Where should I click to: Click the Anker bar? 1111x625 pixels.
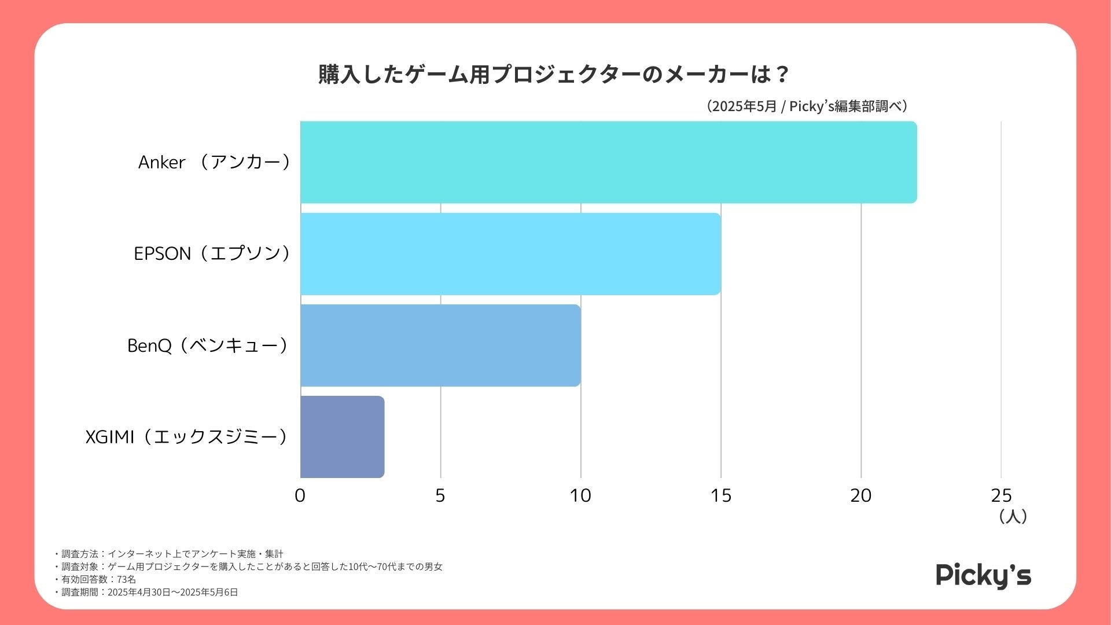click(608, 162)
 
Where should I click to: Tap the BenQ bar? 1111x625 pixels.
click(440, 345)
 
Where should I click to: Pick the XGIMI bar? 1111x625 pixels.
click(342, 437)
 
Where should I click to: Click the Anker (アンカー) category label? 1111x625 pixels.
click(215, 162)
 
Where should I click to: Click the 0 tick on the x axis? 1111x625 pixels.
click(300, 495)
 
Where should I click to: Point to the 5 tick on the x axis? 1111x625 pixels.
click(440, 495)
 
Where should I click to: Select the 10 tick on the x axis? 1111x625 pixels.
click(580, 495)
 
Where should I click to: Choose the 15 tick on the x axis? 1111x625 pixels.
click(721, 495)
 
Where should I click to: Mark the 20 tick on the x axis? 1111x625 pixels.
click(861, 495)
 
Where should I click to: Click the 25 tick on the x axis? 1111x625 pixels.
click(1001, 495)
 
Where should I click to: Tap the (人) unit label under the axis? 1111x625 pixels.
click(1013, 516)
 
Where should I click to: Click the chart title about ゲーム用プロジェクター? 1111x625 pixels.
click(554, 75)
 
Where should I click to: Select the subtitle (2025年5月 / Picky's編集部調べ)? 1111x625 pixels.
click(807, 106)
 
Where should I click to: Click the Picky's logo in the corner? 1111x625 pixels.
click(983, 575)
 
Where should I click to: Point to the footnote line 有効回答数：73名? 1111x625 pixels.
click(95, 579)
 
